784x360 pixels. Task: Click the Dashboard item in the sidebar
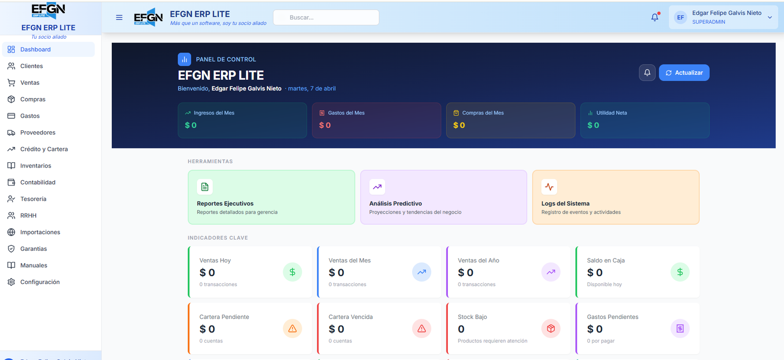[35, 49]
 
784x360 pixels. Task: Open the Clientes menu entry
[31, 66]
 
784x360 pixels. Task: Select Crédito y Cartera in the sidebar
[44, 149]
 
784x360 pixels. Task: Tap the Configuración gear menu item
[40, 282]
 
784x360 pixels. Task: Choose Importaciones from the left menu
[40, 232]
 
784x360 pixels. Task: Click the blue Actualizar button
[684, 73]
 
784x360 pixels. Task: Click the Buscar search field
[326, 18]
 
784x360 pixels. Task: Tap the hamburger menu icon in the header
[119, 18]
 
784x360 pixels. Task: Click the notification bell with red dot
[655, 18]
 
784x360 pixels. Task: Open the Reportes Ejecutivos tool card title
[225, 204]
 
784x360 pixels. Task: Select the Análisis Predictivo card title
[395, 204]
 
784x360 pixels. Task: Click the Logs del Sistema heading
[565, 204]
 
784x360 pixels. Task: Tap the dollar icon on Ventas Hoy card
[293, 272]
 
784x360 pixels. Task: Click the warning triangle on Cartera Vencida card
[421, 329]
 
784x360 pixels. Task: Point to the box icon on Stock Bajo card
[551, 329]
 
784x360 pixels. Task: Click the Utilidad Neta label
[611, 113]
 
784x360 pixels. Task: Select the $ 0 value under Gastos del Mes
[325, 125]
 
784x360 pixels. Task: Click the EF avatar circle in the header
[681, 18]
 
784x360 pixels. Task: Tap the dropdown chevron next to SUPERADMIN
[770, 18]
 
